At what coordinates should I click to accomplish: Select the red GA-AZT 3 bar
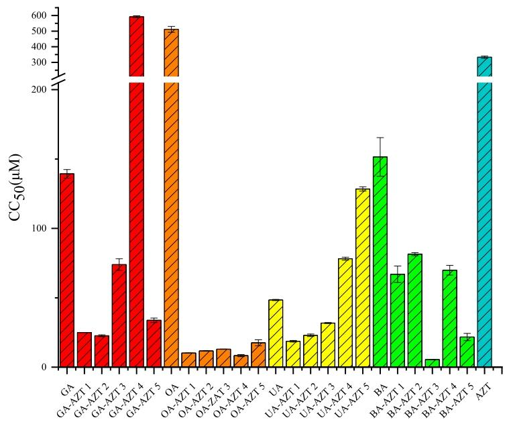(119, 315)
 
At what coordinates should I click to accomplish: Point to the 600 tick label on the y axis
(39, 15)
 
